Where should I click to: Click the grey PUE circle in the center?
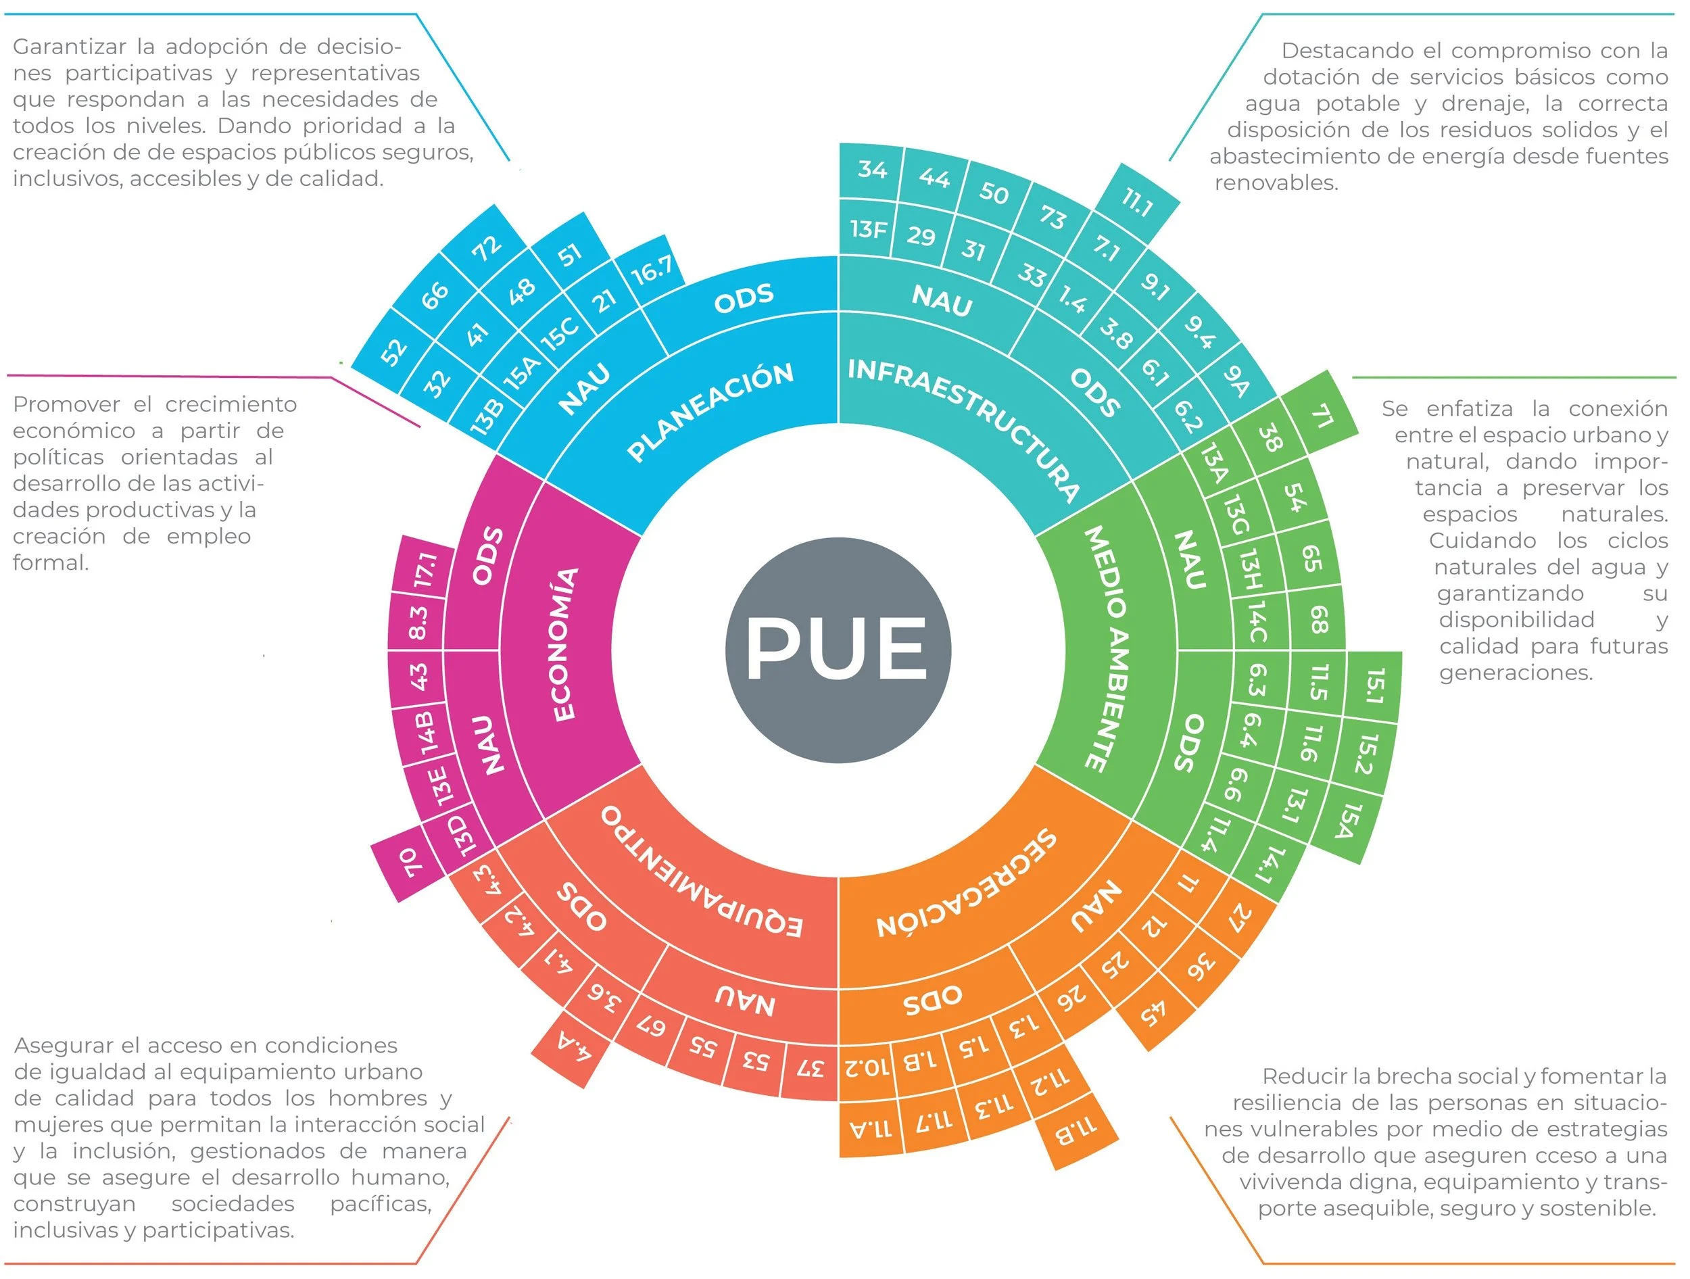click(838, 650)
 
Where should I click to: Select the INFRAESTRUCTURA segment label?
click(964, 429)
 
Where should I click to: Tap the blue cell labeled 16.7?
click(652, 269)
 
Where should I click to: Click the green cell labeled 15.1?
click(1374, 685)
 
